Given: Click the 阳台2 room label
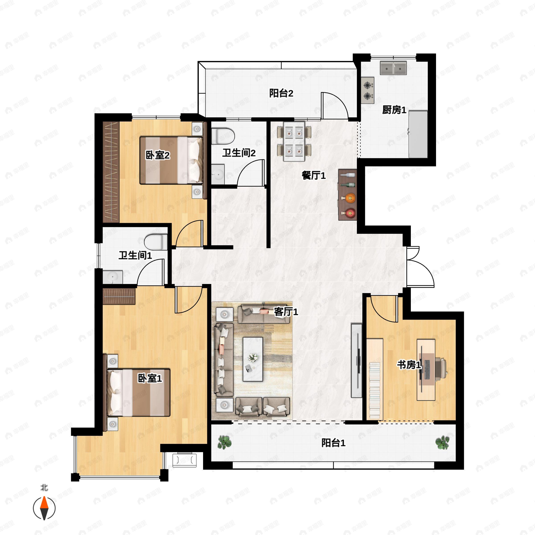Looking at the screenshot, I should coord(281,93).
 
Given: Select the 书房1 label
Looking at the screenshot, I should coord(409,365).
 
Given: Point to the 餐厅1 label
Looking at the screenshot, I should coord(313,175).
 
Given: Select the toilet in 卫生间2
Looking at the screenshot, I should coord(223,136).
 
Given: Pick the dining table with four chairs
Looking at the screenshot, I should coord(294,142).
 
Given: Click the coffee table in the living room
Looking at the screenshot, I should coord(253,359).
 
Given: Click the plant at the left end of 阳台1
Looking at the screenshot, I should coord(224,442).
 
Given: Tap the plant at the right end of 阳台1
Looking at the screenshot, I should coord(442,442).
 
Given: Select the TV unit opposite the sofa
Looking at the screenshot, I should coord(357,360).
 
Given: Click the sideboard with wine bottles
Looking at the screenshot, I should coord(348,195).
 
